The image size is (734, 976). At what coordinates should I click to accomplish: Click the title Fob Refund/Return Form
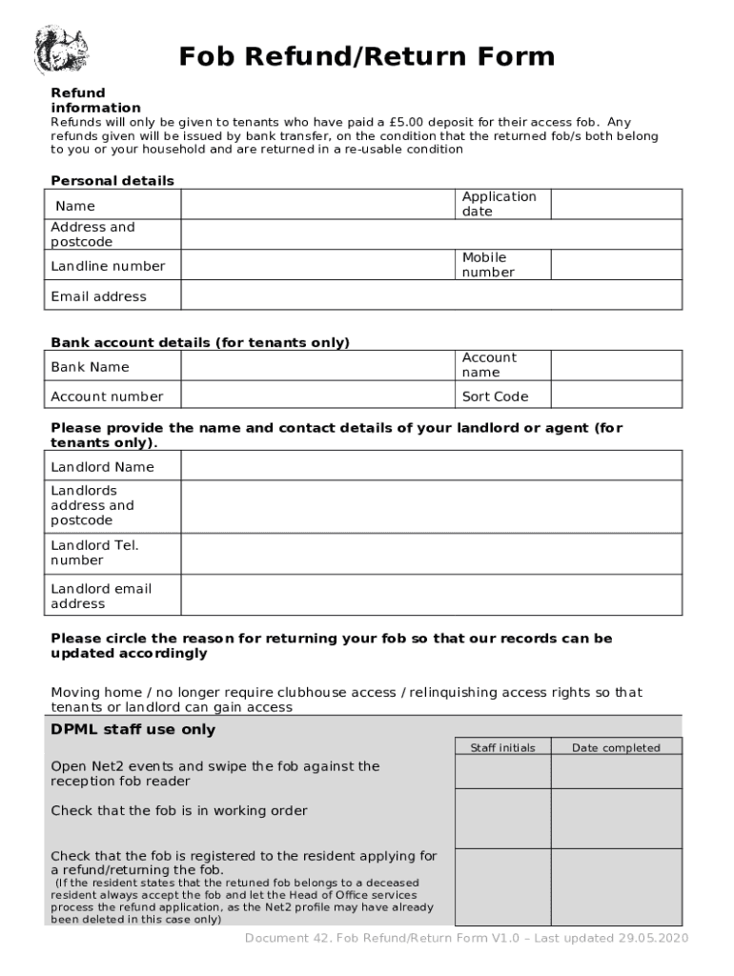(367, 57)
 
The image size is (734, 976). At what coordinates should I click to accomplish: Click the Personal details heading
(112, 181)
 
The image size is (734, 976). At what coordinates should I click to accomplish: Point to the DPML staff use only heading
(133, 730)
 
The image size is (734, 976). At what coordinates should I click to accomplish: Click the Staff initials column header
(502, 748)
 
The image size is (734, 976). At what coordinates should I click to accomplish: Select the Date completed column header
(616, 748)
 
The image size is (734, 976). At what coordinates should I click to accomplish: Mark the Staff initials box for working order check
(502, 818)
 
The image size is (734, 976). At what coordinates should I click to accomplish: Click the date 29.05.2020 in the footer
(653, 939)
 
